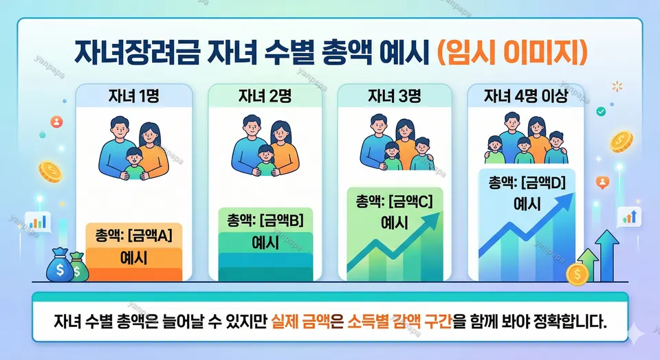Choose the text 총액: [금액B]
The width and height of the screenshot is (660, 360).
(265, 221)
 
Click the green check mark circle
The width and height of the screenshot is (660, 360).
(602, 110)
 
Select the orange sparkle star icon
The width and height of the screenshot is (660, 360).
(616, 86)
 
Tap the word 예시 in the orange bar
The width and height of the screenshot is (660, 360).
(134, 259)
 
